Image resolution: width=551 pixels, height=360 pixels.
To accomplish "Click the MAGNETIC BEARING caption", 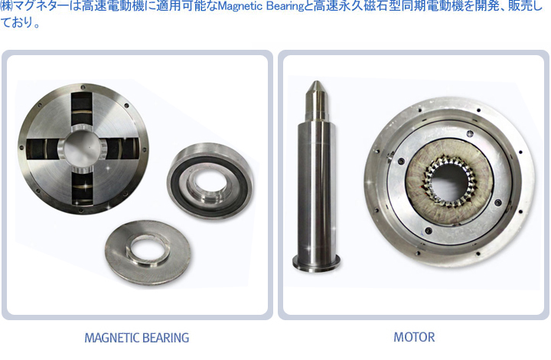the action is [x=137, y=338].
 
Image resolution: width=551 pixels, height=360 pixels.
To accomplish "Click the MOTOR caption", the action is [x=414, y=337].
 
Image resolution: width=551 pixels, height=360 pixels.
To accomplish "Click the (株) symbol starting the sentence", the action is [x=5, y=6].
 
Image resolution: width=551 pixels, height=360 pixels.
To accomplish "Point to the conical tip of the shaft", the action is [x=316, y=89].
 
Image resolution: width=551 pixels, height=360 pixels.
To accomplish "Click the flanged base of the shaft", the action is [x=316, y=262].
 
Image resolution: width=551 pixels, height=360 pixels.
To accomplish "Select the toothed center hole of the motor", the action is [x=451, y=181].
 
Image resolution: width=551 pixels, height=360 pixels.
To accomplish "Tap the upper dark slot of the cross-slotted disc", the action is [x=82, y=108].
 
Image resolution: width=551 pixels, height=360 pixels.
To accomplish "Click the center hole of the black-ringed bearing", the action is [x=210, y=182].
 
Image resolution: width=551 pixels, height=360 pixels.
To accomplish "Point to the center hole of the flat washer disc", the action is [x=147, y=250].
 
